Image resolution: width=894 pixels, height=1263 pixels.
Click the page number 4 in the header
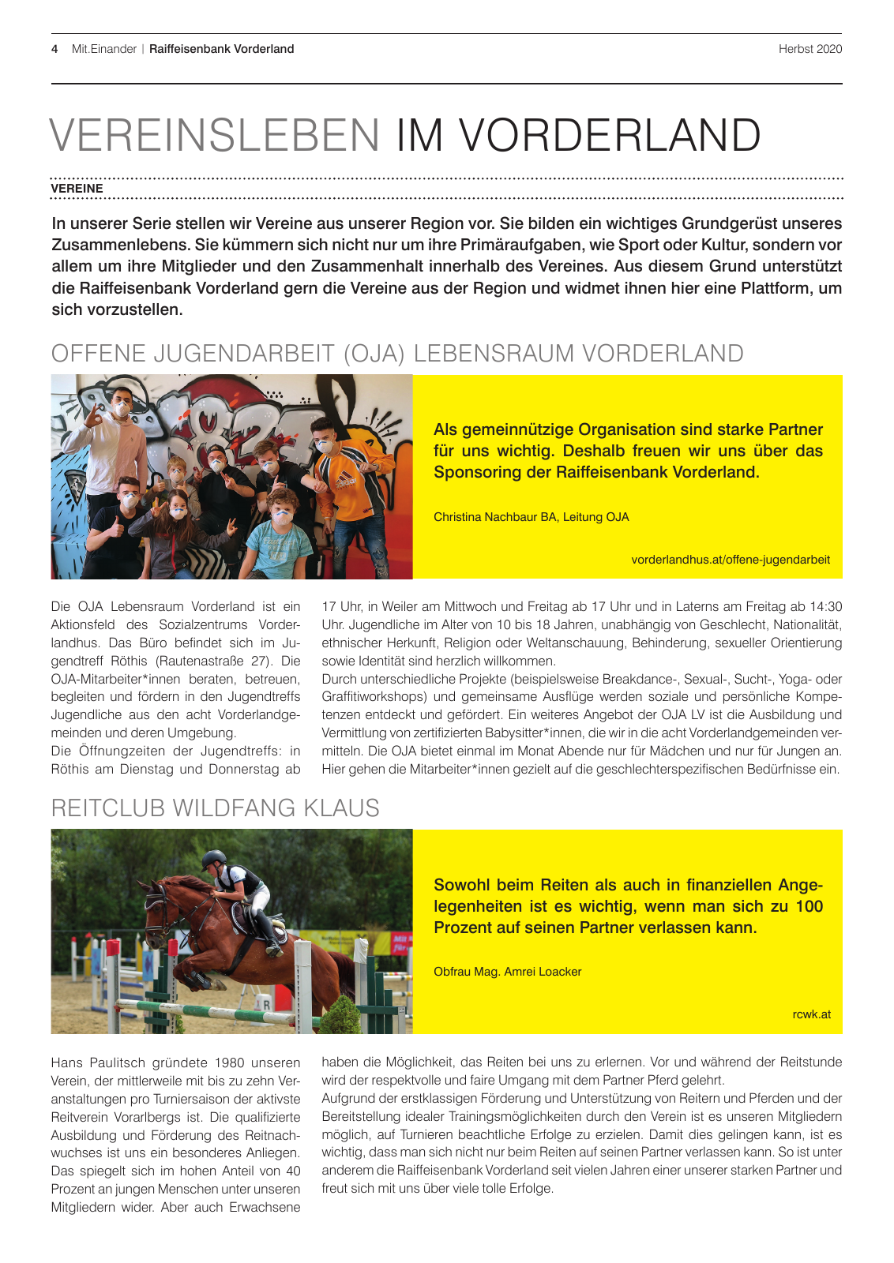54,49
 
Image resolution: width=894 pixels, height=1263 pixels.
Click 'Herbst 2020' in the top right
809,49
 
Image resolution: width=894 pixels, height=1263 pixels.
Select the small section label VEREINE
77,189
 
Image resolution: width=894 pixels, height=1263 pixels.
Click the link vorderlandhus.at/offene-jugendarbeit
731,560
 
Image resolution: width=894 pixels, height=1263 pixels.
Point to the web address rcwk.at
811,1014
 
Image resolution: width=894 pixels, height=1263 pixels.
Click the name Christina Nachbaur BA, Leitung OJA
531,517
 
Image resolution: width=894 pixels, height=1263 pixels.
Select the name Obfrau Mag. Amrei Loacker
507,972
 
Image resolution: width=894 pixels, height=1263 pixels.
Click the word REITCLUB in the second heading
108,808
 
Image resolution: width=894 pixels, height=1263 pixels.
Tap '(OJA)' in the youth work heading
374,354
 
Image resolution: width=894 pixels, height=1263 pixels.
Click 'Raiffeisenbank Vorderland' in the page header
221,49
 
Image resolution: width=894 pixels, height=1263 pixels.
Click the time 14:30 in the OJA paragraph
825,606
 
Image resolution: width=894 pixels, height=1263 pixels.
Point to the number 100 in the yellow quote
809,906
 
